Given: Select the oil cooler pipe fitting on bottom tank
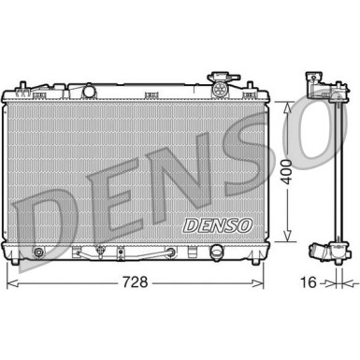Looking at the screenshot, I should (96, 253).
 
